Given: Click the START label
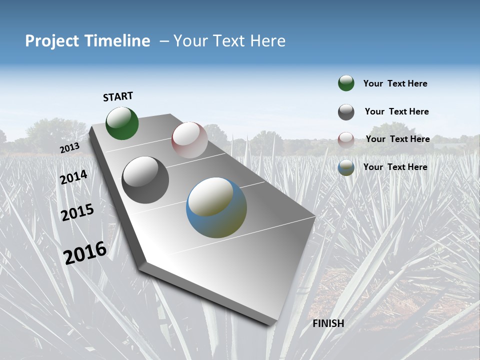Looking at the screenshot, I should pos(118,96).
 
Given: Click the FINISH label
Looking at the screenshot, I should pos(328,323).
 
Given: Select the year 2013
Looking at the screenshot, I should pos(69,148).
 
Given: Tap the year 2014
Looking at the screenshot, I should pos(73,177).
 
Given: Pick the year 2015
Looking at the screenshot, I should pos(77,212).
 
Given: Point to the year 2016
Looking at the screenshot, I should pos(85,252).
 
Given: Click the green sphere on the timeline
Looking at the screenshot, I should pos(122,123).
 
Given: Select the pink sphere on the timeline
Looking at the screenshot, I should pos(189,140).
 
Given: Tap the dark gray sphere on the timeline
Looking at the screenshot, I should pos(145,180).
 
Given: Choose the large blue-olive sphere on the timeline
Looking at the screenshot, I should pos(216,207).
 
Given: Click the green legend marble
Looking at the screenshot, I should pos(346,83).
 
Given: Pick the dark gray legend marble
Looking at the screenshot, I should pos(346,112).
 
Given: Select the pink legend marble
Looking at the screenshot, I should pos(346,140).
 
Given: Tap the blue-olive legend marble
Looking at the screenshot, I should pos(346,168).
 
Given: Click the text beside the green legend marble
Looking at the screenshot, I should pos(395,83).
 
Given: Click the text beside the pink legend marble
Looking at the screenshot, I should pos(397,139).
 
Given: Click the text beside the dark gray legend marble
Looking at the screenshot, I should pos(396,111).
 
